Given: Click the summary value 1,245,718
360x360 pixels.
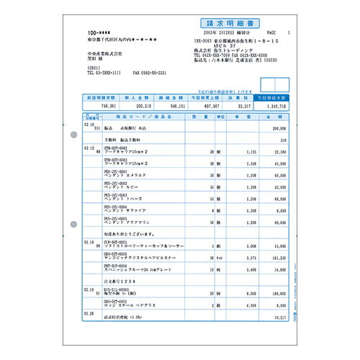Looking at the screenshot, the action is tap(274, 105).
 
